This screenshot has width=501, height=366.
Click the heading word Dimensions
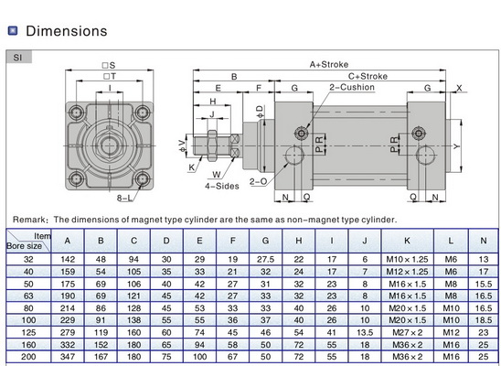[66, 31]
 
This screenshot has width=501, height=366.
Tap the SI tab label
[18, 57]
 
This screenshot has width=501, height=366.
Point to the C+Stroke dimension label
[368, 77]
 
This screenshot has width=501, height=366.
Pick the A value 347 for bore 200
[68, 356]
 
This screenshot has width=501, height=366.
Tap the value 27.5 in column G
[266, 259]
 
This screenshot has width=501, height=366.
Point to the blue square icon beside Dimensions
[13, 31]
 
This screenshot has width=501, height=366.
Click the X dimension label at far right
[460, 88]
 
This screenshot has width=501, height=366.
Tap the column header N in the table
[482, 241]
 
